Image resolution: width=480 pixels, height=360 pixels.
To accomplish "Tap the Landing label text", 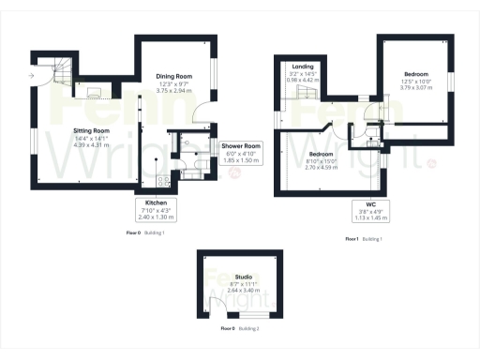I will pyautogui.click(x=303, y=67).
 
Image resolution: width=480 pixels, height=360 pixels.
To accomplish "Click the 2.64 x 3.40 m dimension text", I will pyautogui.click(x=243, y=291).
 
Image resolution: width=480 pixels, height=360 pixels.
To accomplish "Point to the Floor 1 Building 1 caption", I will pyautogui.click(x=365, y=240).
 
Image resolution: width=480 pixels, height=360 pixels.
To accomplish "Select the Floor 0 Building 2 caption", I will pyautogui.click(x=239, y=329).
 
